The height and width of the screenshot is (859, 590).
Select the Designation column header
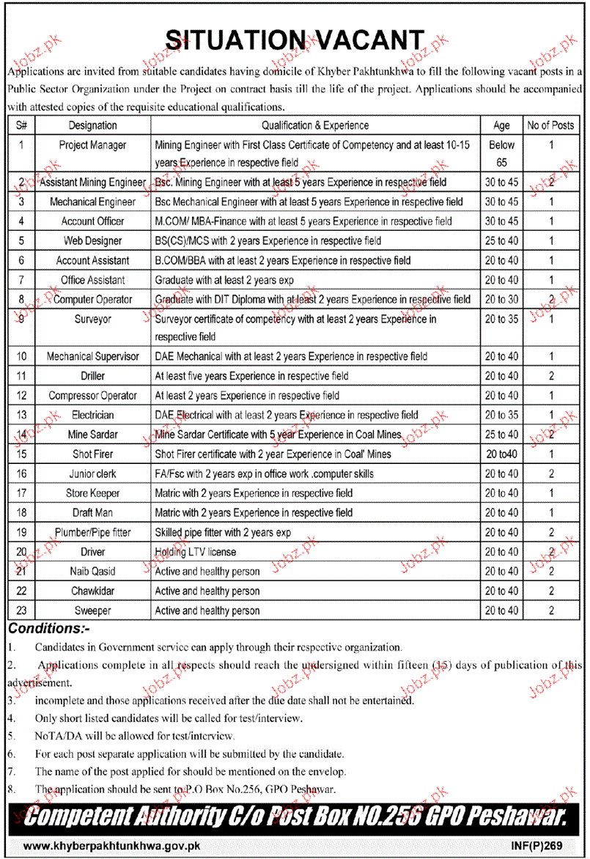[x=93, y=125]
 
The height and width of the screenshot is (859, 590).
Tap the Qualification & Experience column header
[x=315, y=125]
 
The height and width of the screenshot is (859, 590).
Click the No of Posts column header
[x=550, y=125]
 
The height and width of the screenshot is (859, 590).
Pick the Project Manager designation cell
[x=93, y=145]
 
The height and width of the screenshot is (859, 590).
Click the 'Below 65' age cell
[x=502, y=154]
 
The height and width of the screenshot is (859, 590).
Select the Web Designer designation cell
[x=93, y=240]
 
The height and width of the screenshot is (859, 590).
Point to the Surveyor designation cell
[x=93, y=320]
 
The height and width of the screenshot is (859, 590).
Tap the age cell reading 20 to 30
[x=502, y=299]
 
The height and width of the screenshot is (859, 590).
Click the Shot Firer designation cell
[x=93, y=454]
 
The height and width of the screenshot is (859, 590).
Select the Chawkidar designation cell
[x=93, y=591]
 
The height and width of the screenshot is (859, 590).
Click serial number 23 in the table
[x=22, y=611]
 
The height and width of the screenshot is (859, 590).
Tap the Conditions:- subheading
[x=48, y=628]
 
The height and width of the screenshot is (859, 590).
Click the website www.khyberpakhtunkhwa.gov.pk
[x=112, y=845]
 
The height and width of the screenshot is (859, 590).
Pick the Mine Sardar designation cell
[x=93, y=435]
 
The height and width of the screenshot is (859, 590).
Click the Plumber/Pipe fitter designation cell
[x=93, y=532]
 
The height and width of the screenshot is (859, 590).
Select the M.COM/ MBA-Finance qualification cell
[x=303, y=221]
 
